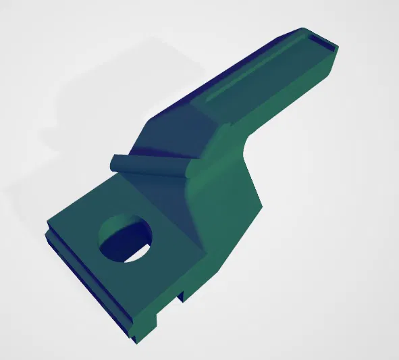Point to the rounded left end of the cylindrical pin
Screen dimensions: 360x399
(115, 163)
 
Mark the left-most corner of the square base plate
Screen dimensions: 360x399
(47, 224)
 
